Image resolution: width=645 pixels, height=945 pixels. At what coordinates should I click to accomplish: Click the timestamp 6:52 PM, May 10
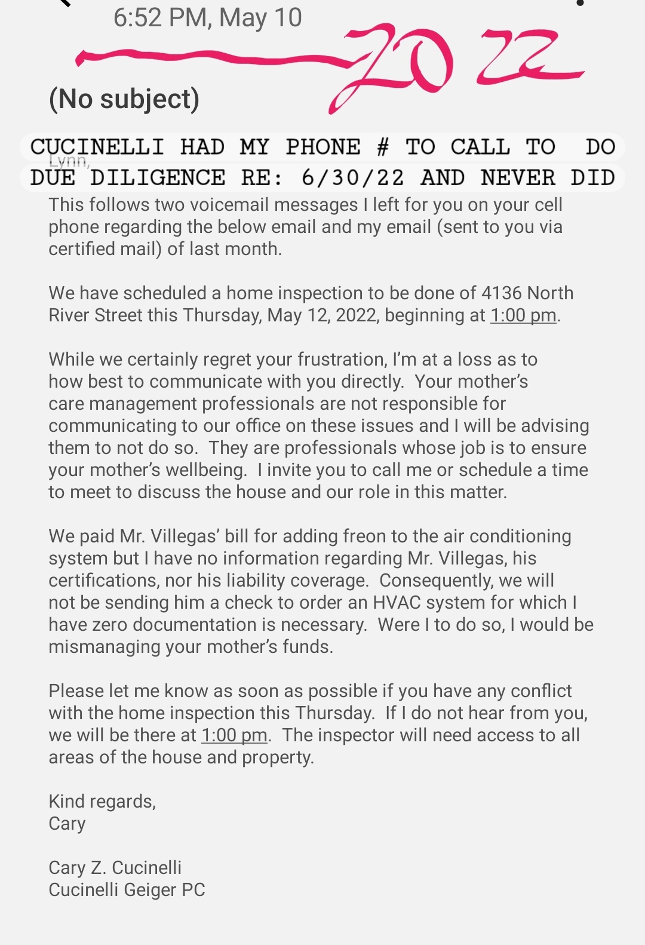tap(207, 18)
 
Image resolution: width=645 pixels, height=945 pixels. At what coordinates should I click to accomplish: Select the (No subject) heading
tap(124, 99)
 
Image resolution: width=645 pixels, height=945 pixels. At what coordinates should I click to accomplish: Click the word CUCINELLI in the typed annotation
tap(97, 147)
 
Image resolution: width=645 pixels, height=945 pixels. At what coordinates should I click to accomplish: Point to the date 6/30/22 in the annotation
tap(352, 178)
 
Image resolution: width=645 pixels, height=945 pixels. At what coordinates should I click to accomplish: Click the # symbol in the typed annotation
tap(383, 147)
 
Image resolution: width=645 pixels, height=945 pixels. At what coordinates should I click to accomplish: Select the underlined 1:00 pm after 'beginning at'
tap(523, 315)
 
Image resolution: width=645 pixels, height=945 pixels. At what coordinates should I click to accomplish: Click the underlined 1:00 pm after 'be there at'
tap(234, 735)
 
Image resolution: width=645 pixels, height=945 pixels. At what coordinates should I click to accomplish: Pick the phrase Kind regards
tap(102, 801)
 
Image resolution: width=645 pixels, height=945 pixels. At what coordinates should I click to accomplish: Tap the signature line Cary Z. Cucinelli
tap(115, 867)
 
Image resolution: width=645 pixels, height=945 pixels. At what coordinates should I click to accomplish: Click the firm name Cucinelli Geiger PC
tap(127, 889)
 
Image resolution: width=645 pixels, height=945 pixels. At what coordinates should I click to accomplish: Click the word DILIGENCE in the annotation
tap(158, 178)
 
